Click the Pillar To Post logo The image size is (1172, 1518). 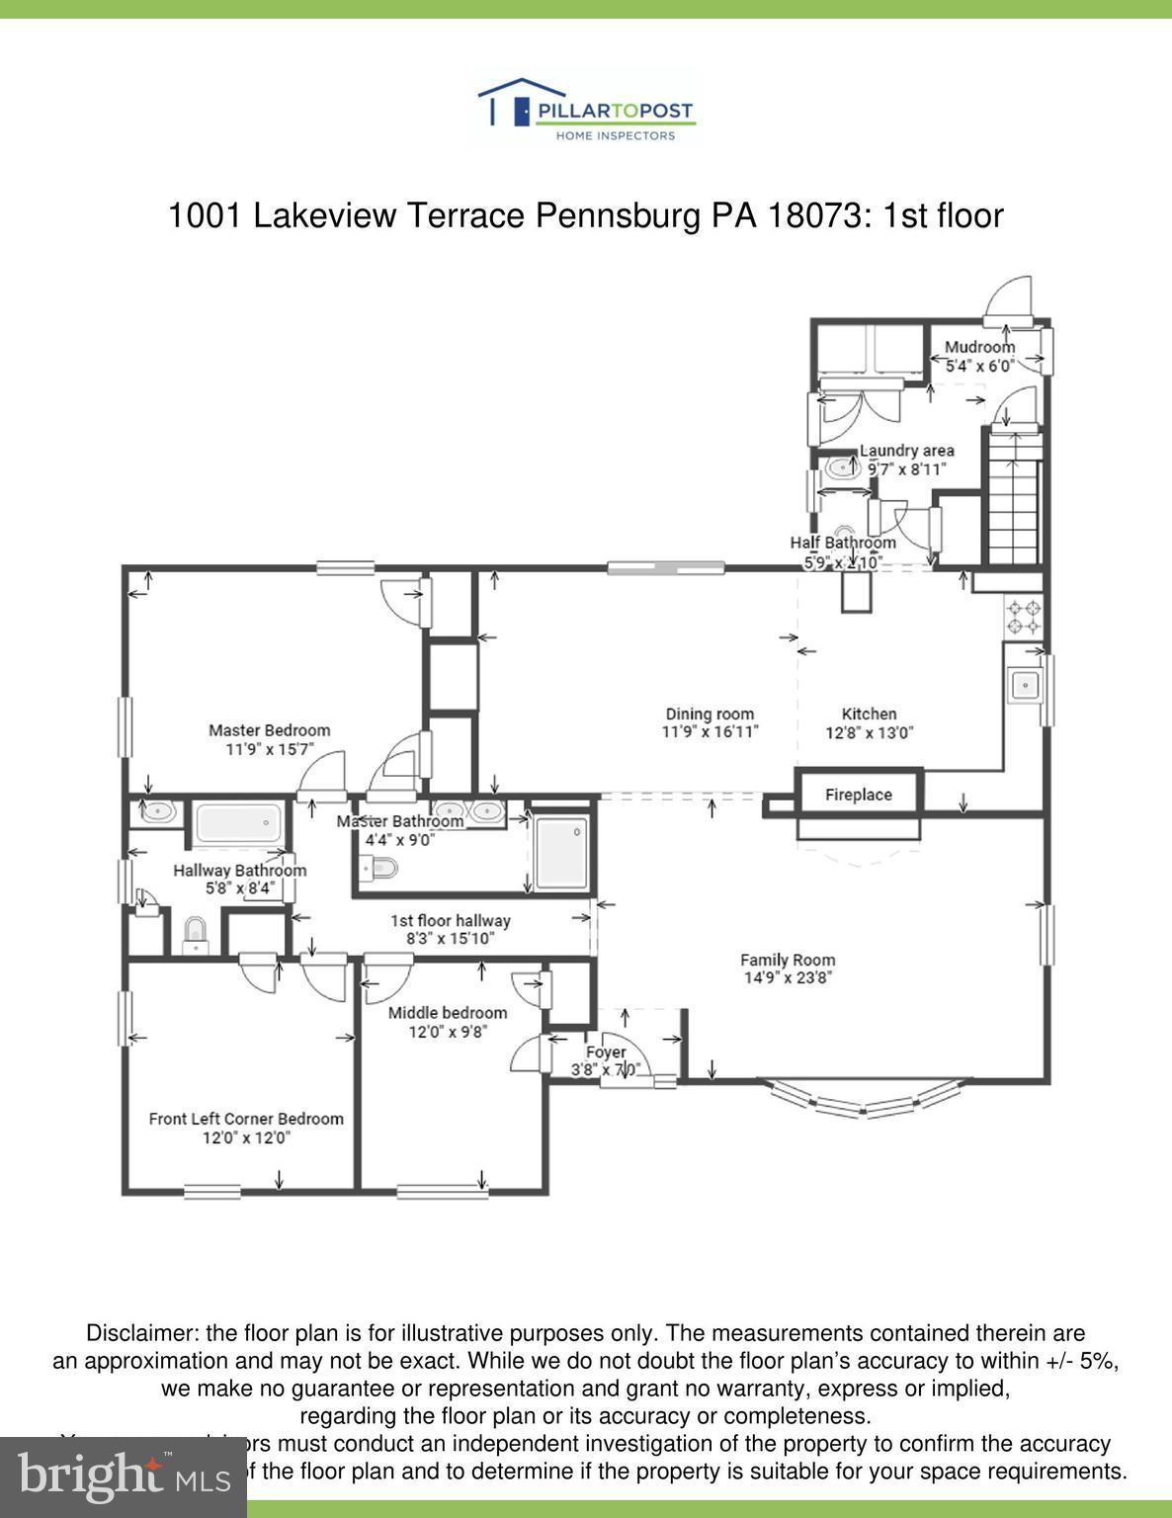point(586,112)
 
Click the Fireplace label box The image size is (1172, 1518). point(859,794)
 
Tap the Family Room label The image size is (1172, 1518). point(788,960)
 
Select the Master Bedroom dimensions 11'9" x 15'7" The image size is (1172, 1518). point(269,749)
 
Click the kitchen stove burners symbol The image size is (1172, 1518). point(1024,616)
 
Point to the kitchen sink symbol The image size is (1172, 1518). point(1024,684)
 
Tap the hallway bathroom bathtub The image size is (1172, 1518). point(238,821)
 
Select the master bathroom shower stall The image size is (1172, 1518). point(561,852)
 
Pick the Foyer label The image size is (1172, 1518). point(606,1053)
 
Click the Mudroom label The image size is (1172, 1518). point(979,347)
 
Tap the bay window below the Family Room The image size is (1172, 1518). point(865,1100)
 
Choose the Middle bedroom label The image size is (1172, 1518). point(447,1013)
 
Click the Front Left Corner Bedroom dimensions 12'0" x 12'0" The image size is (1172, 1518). point(246,1138)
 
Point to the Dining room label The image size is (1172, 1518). point(710,714)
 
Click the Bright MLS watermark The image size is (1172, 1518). point(123,1476)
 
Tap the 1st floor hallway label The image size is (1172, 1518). point(451,920)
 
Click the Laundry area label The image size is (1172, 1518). point(906,451)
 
